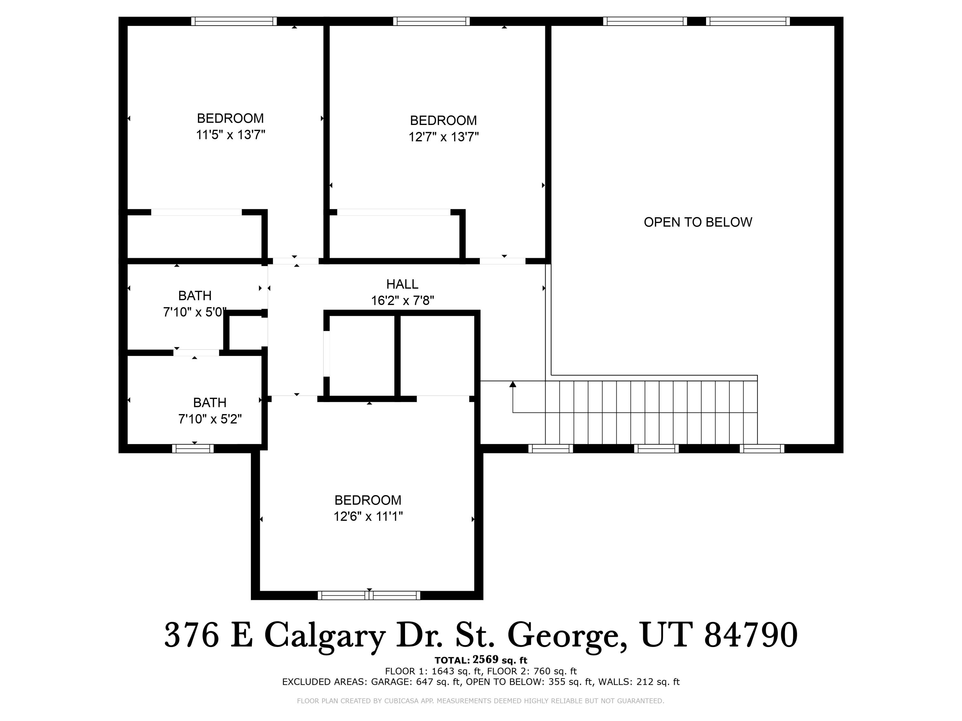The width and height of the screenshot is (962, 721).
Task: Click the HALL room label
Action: click(402, 284)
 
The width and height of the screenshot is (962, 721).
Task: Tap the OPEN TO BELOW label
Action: click(697, 222)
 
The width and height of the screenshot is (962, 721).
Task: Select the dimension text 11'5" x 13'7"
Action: click(231, 135)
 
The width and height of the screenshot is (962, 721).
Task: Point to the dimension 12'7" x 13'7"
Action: click(443, 137)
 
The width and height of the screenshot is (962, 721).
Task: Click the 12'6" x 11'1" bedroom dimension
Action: click(368, 516)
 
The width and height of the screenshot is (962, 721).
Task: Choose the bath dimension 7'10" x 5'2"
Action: click(210, 419)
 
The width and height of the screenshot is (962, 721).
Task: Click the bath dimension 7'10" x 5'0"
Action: click(194, 312)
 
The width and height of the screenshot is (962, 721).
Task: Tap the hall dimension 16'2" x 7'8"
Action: click(402, 300)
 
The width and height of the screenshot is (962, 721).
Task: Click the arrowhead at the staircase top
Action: click(513, 384)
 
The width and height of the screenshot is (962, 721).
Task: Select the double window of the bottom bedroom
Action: click(369, 595)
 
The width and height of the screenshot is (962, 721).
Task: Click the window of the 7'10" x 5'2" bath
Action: click(193, 449)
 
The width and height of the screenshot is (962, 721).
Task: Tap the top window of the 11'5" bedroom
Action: click(234, 21)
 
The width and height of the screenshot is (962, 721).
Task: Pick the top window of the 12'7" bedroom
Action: click(431, 21)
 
